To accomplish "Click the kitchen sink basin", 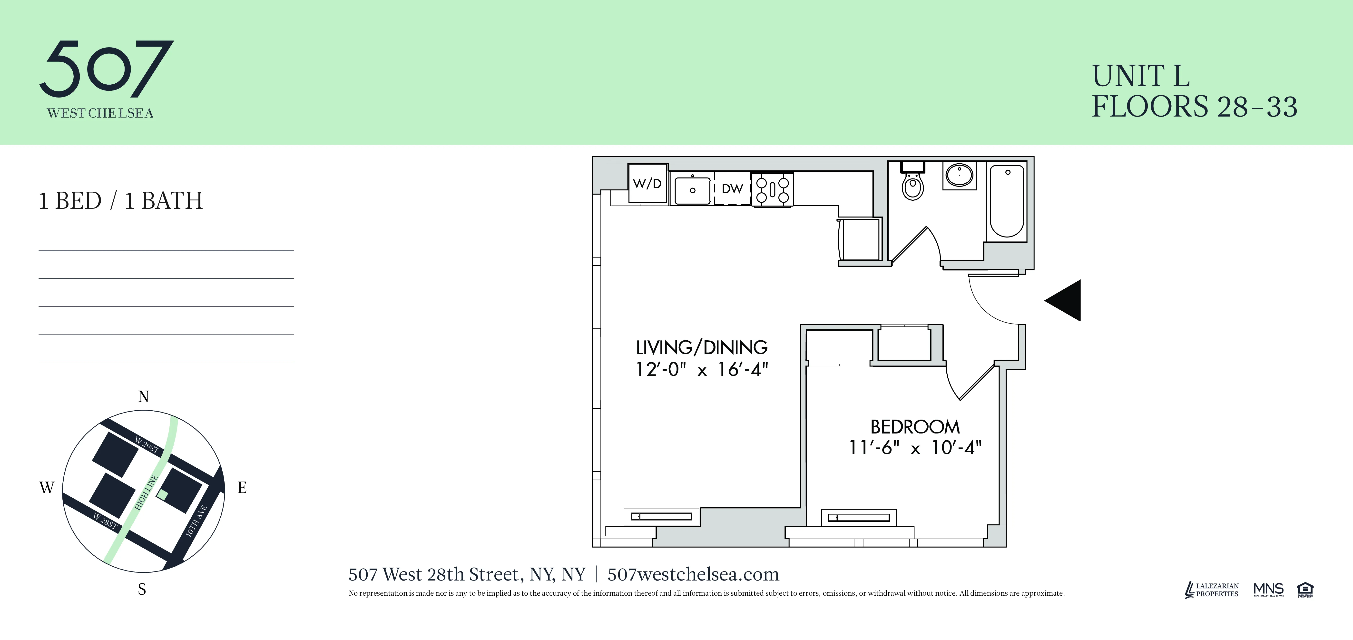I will pyautogui.click(x=692, y=190).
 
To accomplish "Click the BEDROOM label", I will pyautogui.click(x=915, y=427).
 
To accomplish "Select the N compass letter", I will pyautogui.click(x=143, y=397).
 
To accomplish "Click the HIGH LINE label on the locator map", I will pyautogui.click(x=147, y=492).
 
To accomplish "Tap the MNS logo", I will pyautogui.click(x=1268, y=590).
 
